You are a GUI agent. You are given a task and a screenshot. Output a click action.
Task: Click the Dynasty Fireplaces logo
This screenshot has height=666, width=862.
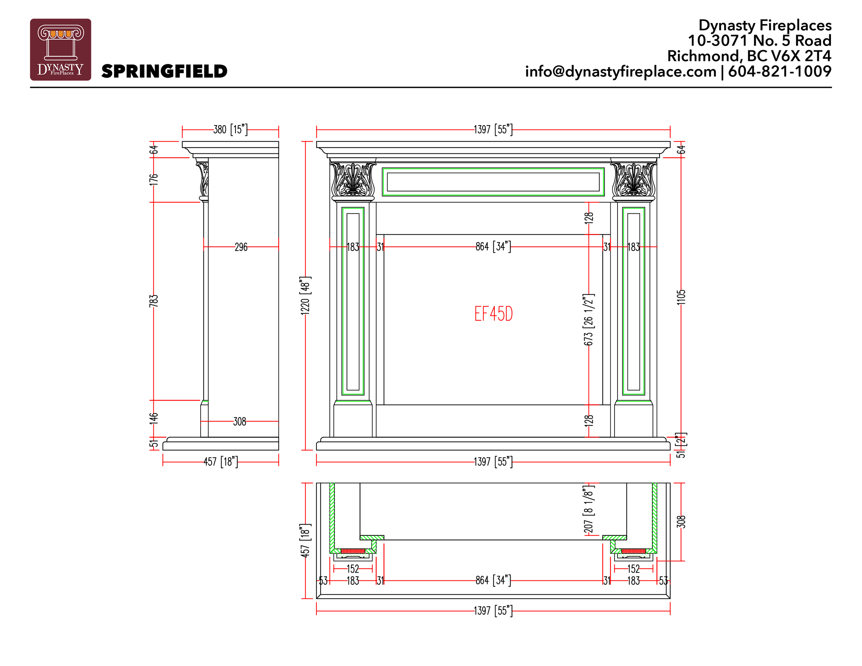coord(60,49)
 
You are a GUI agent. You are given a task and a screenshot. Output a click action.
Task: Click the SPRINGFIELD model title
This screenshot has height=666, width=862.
coord(164,71)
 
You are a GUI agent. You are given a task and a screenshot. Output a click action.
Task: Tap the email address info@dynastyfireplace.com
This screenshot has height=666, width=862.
coord(620,71)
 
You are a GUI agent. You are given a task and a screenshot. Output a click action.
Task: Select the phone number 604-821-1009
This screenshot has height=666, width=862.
coord(780,71)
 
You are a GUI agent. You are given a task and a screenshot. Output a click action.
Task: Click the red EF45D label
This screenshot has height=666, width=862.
coord(493,314)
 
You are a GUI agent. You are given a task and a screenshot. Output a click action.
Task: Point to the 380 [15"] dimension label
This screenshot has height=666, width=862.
coord(230,129)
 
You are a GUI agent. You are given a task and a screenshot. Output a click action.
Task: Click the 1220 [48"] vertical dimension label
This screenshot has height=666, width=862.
coord(305,295)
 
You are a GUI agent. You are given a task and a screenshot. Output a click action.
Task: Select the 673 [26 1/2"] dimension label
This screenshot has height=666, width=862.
coord(589,320)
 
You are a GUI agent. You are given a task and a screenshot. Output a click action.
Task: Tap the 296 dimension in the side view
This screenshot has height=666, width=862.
coord(241,247)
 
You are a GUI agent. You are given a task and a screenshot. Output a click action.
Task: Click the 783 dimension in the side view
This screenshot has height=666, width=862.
coord(153,301)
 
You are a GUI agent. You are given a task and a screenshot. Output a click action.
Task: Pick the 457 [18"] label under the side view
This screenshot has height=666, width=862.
coord(221,462)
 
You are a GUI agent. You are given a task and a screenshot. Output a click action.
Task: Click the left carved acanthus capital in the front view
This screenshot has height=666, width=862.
coord(353,180)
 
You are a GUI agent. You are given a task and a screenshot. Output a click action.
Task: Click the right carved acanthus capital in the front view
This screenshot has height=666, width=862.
coord(633,180)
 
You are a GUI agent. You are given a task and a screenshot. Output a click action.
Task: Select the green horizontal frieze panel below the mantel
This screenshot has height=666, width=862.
coord(493,182)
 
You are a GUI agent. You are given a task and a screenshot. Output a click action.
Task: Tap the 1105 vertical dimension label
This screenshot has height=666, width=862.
coord(681,297)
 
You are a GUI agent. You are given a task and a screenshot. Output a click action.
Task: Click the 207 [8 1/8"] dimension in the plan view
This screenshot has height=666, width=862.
coord(589,509)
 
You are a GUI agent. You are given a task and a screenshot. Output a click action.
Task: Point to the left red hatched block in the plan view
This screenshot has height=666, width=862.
coord(353,551)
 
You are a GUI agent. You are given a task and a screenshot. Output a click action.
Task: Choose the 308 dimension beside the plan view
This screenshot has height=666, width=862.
coord(681,522)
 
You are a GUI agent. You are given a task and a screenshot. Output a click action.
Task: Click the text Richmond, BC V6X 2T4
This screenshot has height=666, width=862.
coord(749,56)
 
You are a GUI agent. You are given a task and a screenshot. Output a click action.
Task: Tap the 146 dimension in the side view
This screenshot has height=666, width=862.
coord(153,418)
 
